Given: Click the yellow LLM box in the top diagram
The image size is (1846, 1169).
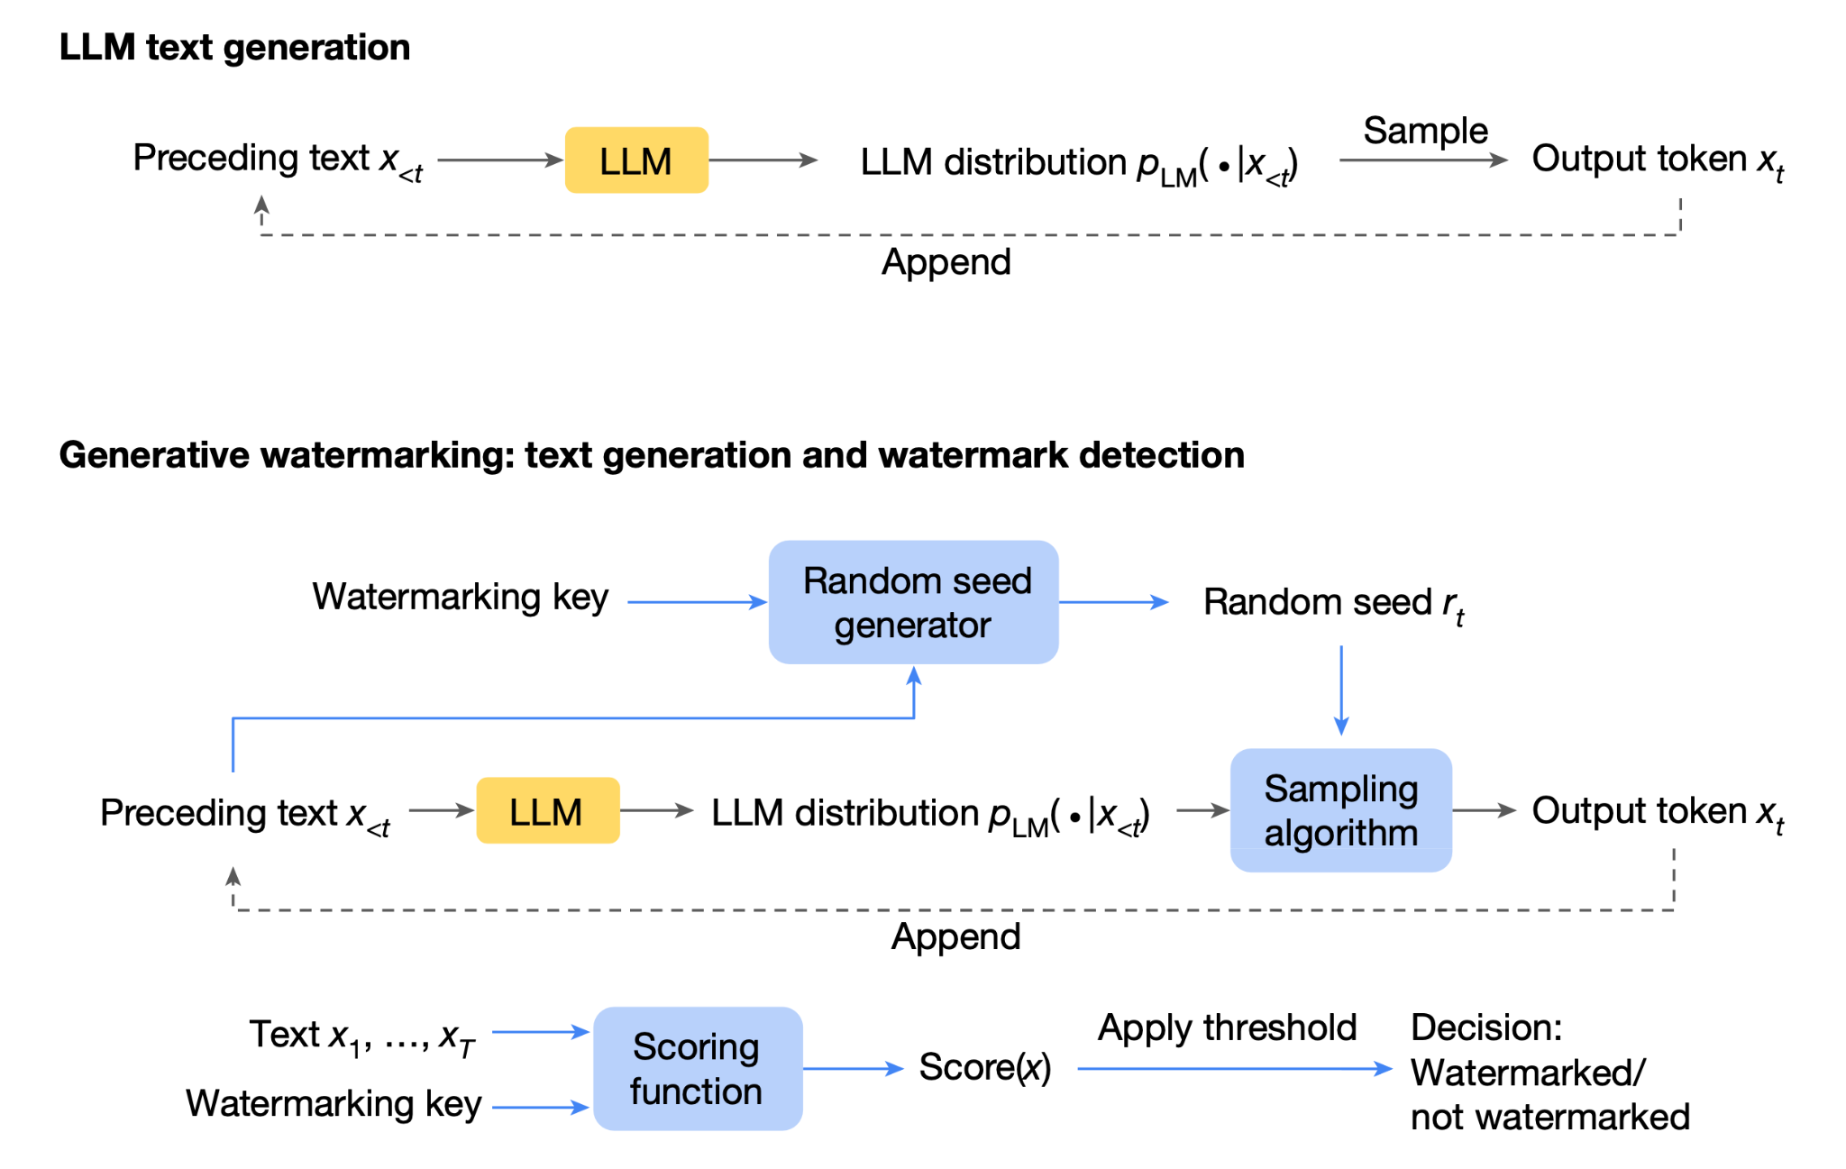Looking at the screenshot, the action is pyautogui.click(x=636, y=160).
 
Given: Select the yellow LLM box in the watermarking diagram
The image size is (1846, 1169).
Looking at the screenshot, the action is pyautogui.click(x=548, y=810).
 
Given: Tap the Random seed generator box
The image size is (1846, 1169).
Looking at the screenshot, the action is pyautogui.click(x=913, y=602).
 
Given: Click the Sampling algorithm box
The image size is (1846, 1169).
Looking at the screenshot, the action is pyautogui.click(x=1341, y=810).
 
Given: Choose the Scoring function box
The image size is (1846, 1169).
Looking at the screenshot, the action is pyautogui.click(x=698, y=1069).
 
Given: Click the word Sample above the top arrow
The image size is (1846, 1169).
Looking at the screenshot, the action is pyautogui.click(x=1425, y=132).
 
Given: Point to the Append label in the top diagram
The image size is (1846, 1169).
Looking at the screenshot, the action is pyautogui.click(x=946, y=263).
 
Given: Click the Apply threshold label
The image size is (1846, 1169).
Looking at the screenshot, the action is pyautogui.click(x=1227, y=1028).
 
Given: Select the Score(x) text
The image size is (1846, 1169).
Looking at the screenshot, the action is pyautogui.click(x=985, y=1068).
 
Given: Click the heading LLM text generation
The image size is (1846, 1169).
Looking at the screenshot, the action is pyautogui.click(x=234, y=48).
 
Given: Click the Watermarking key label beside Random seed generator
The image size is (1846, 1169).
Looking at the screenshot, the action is pyautogui.click(x=461, y=598).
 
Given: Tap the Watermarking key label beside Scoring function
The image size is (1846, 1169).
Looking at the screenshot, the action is pyautogui.click(x=334, y=1104).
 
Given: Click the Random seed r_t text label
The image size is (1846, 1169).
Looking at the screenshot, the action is pyautogui.click(x=1334, y=604).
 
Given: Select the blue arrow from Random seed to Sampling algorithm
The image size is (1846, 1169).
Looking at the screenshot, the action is pyautogui.click(x=1341, y=690).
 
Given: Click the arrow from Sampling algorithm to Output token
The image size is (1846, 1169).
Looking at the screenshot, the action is pyautogui.click(x=1485, y=810).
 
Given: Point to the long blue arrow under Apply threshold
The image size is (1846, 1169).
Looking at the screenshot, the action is pyautogui.click(x=1235, y=1069).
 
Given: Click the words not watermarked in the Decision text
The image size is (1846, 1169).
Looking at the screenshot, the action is pyautogui.click(x=1550, y=1118).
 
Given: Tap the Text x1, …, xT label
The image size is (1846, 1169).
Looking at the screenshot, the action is pyautogui.click(x=362, y=1037).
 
